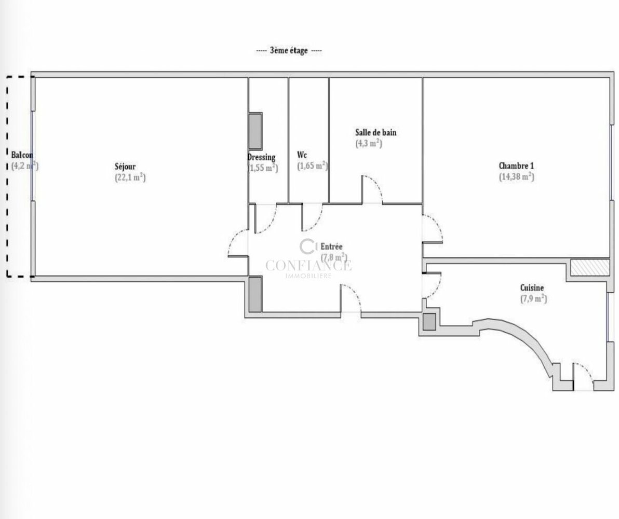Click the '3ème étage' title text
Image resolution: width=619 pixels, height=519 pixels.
point(289,51)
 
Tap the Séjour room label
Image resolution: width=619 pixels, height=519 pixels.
point(125,167)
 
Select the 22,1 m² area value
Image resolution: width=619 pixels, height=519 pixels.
point(130,177)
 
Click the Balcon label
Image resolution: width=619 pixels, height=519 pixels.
point(22,155)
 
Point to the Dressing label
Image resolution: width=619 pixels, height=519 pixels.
point(261,157)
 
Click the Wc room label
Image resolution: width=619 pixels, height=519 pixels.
point(302,155)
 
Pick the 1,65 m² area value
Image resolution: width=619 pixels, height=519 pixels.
point(313,166)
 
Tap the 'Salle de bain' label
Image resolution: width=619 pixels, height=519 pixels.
point(376,133)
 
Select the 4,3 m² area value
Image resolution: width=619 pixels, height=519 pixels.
point(369,143)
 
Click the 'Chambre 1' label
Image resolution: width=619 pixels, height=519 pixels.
point(516,166)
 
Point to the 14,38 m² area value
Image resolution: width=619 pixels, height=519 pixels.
point(517,176)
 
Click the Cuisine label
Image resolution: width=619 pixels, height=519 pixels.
point(532,288)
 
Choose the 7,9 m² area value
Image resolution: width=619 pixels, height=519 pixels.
point(534,298)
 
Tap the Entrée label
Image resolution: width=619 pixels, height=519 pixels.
point(331,247)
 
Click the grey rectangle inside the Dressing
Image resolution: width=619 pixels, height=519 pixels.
point(255,131)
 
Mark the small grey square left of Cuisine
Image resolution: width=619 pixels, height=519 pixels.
point(429,322)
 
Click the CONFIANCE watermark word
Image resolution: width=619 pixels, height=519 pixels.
point(308,266)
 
